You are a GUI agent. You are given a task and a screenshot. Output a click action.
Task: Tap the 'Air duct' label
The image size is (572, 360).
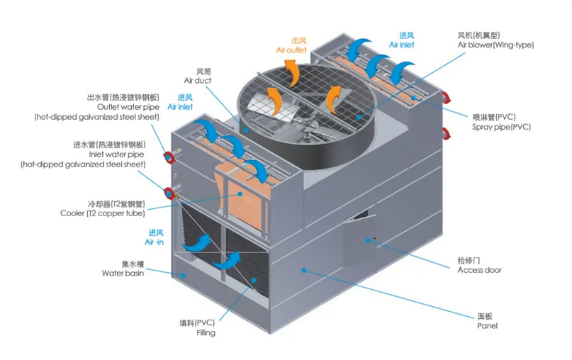198,81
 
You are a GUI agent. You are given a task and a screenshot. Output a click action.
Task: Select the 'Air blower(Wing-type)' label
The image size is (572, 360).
495,45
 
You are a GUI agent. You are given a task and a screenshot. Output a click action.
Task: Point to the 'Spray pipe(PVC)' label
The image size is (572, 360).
501,127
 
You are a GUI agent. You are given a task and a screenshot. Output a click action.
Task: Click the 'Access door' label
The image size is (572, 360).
479,270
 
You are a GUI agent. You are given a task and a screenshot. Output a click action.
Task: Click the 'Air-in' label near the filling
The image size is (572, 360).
154,242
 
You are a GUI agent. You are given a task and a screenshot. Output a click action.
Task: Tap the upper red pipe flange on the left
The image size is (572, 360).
169,157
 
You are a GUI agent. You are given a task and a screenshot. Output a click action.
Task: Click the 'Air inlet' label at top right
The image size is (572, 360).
401,44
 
